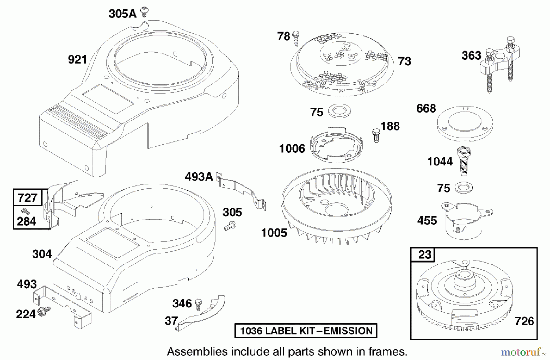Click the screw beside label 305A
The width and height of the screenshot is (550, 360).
click(x=144, y=12)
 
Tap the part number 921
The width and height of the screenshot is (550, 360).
click(x=78, y=59)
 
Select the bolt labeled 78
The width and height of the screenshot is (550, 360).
click(x=295, y=39)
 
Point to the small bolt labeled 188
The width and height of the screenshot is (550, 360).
click(x=376, y=136)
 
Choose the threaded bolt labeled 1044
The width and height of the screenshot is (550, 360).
click(x=464, y=162)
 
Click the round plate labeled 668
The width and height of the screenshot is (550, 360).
click(x=465, y=123)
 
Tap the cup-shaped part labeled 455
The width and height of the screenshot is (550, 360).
click(x=465, y=220)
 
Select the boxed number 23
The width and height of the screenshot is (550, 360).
click(x=425, y=254)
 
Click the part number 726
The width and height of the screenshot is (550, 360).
click(x=524, y=321)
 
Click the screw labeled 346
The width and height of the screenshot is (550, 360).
click(x=199, y=303)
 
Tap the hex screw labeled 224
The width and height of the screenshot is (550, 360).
click(x=44, y=311)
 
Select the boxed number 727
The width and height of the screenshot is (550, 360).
click(x=28, y=198)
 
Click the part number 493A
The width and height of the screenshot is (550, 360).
click(x=199, y=177)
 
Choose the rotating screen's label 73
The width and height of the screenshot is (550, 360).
click(x=405, y=61)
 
